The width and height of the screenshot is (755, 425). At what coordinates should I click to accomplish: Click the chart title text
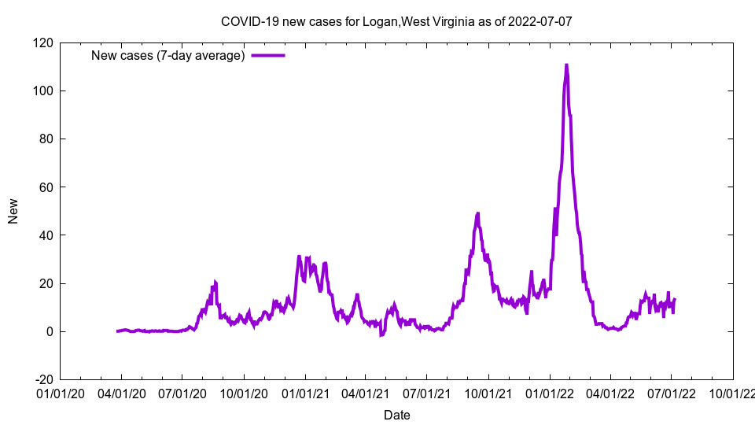click(396, 21)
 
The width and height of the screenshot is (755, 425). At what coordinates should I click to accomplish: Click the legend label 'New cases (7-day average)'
click(168, 55)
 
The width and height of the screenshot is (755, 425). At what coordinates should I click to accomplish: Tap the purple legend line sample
click(267, 55)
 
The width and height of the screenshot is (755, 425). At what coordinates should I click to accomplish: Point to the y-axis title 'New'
click(13, 211)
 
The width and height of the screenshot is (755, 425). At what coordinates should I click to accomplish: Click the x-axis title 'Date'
click(396, 415)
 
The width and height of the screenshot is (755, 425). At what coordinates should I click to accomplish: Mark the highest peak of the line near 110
click(566, 65)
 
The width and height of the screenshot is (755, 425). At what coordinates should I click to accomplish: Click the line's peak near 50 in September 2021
click(477, 213)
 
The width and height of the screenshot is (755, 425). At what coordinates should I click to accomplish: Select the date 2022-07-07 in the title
click(540, 21)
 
